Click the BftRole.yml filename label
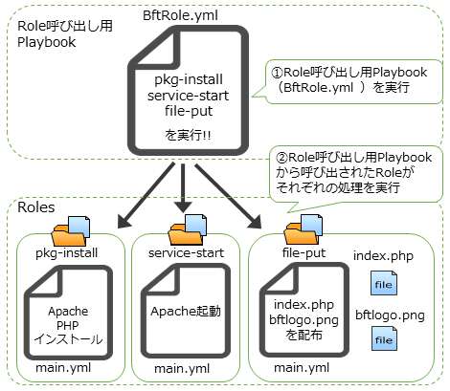tap(180, 15)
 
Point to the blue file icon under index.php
tap(384, 283)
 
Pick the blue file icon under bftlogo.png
tap(384, 338)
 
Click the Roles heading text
tap(36, 207)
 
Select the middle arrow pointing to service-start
tap(183, 188)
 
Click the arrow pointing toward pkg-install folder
tap(146, 195)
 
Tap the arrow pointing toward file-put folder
tap(228, 196)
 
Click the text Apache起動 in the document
tap(186, 312)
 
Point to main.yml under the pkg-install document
tap(63, 368)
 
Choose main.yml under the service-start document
tap(182, 369)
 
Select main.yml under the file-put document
tap(302, 368)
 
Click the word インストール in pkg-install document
tap(68, 339)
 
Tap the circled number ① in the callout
tap(278, 73)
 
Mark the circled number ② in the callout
tap(282, 158)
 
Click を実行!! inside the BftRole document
tap(188, 135)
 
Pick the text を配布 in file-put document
tap(304, 335)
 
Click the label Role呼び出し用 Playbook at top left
tap(65, 34)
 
